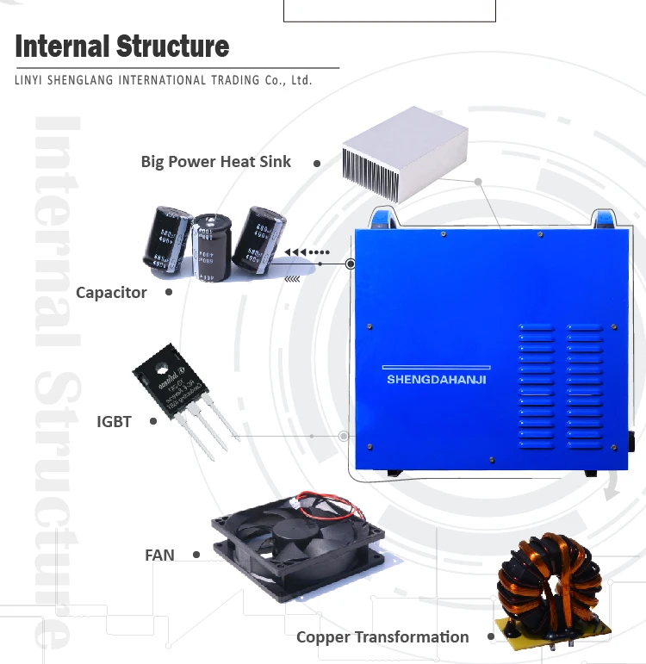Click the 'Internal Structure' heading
click(122, 46)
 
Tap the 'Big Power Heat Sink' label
click(216, 162)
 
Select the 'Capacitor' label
click(111, 293)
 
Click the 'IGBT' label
click(114, 422)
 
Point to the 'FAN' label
click(159, 555)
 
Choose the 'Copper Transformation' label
click(382, 637)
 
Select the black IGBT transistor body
click(168, 379)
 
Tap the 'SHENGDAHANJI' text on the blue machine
click(437, 378)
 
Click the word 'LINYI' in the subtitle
click(31, 81)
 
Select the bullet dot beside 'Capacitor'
click(169, 292)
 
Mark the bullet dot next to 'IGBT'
click(153, 421)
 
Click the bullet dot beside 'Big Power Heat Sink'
click(317, 163)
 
